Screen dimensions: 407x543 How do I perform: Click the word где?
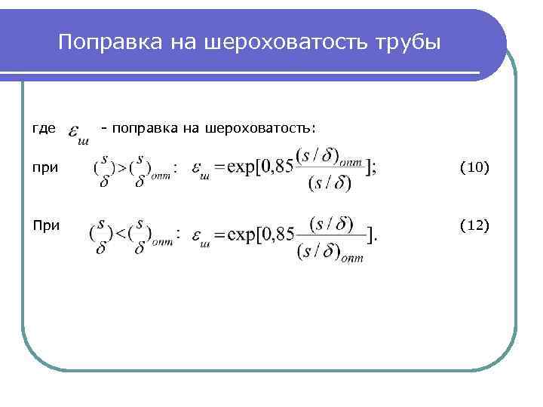click(43, 129)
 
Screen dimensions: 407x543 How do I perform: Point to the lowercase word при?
click(45, 167)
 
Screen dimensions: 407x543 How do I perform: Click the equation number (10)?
click(474, 167)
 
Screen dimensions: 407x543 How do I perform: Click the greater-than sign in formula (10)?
click(119, 167)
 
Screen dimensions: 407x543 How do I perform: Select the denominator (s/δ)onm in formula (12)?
click(330, 252)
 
